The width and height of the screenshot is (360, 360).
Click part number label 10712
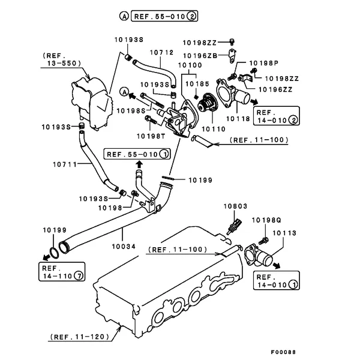(161, 53)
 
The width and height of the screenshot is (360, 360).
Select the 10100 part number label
(190, 65)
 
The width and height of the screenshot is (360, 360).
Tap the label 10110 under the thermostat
(214, 129)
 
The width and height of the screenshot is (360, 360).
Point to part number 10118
(238, 119)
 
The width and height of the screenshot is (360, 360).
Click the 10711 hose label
(65, 164)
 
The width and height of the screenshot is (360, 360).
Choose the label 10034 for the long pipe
(124, 247)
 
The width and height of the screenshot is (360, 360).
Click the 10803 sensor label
(236, 206)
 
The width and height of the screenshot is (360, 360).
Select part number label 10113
(284, 233)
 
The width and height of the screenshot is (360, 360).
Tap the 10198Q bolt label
(266, 220)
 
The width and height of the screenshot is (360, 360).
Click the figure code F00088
(283, 352)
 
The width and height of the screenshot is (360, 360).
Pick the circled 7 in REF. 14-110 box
(79, 275)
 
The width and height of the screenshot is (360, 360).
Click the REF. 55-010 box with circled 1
(137, 154)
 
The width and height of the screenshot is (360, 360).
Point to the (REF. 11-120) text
(80, 337)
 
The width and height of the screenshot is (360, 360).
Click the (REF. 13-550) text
(62, 59)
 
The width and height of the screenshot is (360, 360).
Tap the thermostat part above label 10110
(206, 104)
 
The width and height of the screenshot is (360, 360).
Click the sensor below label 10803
(234, 227)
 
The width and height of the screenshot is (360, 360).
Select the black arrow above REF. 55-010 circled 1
(139, 165)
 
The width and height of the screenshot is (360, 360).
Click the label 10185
(197, 84)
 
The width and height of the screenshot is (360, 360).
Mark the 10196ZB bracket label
(200, 56)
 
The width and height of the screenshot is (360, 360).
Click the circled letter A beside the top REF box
(124, 16)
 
